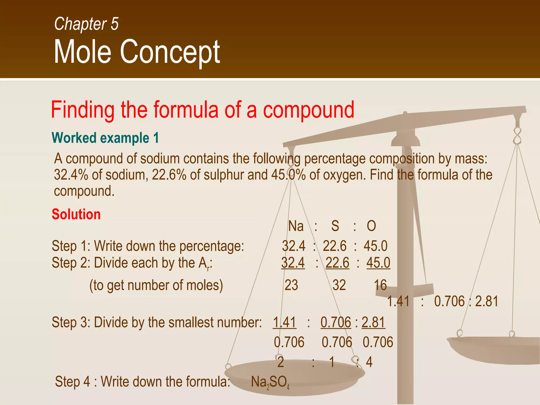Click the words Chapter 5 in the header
point(86,24)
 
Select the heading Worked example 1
point(105,138)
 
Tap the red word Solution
point(76,214)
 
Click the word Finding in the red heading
point(83,110)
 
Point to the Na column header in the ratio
point(296,226)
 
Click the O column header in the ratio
point(371,226)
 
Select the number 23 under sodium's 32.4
point(291,285)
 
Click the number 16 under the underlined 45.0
point(380,285)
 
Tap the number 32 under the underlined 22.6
point(339,285)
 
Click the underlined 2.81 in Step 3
point(373,322)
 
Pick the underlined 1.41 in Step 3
point(285,322)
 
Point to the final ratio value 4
point(369,362)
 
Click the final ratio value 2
point(281,362)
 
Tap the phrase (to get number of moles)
point(156,285)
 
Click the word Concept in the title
point(170,52)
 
